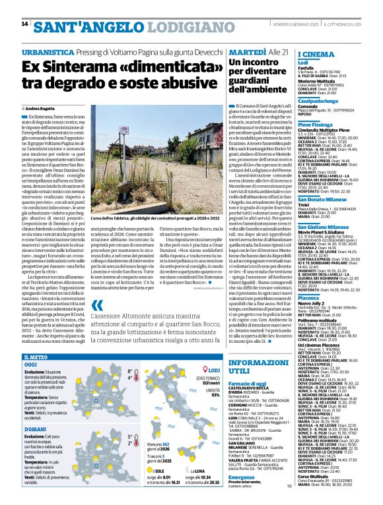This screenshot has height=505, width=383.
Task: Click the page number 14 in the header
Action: (24, 24)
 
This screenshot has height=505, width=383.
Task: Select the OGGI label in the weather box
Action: (30, 363)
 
